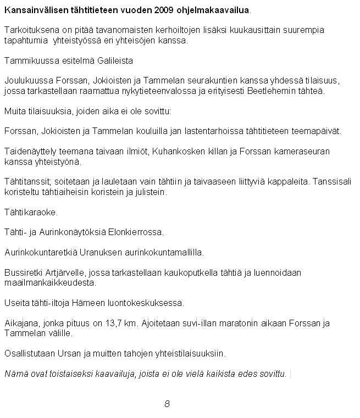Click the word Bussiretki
(21, 273)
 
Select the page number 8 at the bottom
(167, 404)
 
